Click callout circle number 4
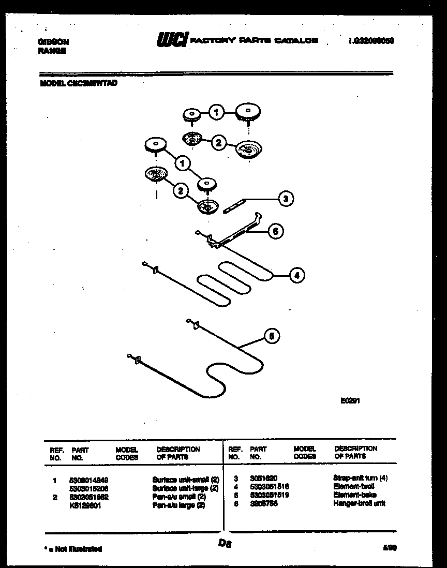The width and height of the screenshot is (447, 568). [x=296, y=276]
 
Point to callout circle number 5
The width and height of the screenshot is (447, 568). [x=272, y=336]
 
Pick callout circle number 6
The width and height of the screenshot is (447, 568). [x=275, y=232]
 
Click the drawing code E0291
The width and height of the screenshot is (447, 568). [x=350, y=400]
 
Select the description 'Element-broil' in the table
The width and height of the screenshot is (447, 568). [x=353, y=487]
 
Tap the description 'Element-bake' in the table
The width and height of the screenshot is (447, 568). [x=354, y=495]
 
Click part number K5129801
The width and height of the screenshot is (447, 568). [x=86, y=505]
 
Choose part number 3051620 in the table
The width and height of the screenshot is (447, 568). [x=264, y=479]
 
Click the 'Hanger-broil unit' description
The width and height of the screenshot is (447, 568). [x=360, y=503]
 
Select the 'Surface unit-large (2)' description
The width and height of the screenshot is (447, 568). [x=185, y=488]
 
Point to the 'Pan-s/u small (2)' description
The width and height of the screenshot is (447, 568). [x=179, y=497]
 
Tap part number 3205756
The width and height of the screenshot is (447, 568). [x=264, y=503]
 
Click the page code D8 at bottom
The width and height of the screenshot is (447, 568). [x=224, y=544]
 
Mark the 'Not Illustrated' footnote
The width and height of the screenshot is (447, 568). [x=72, y=549]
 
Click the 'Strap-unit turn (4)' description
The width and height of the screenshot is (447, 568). [x=361, y=479]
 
